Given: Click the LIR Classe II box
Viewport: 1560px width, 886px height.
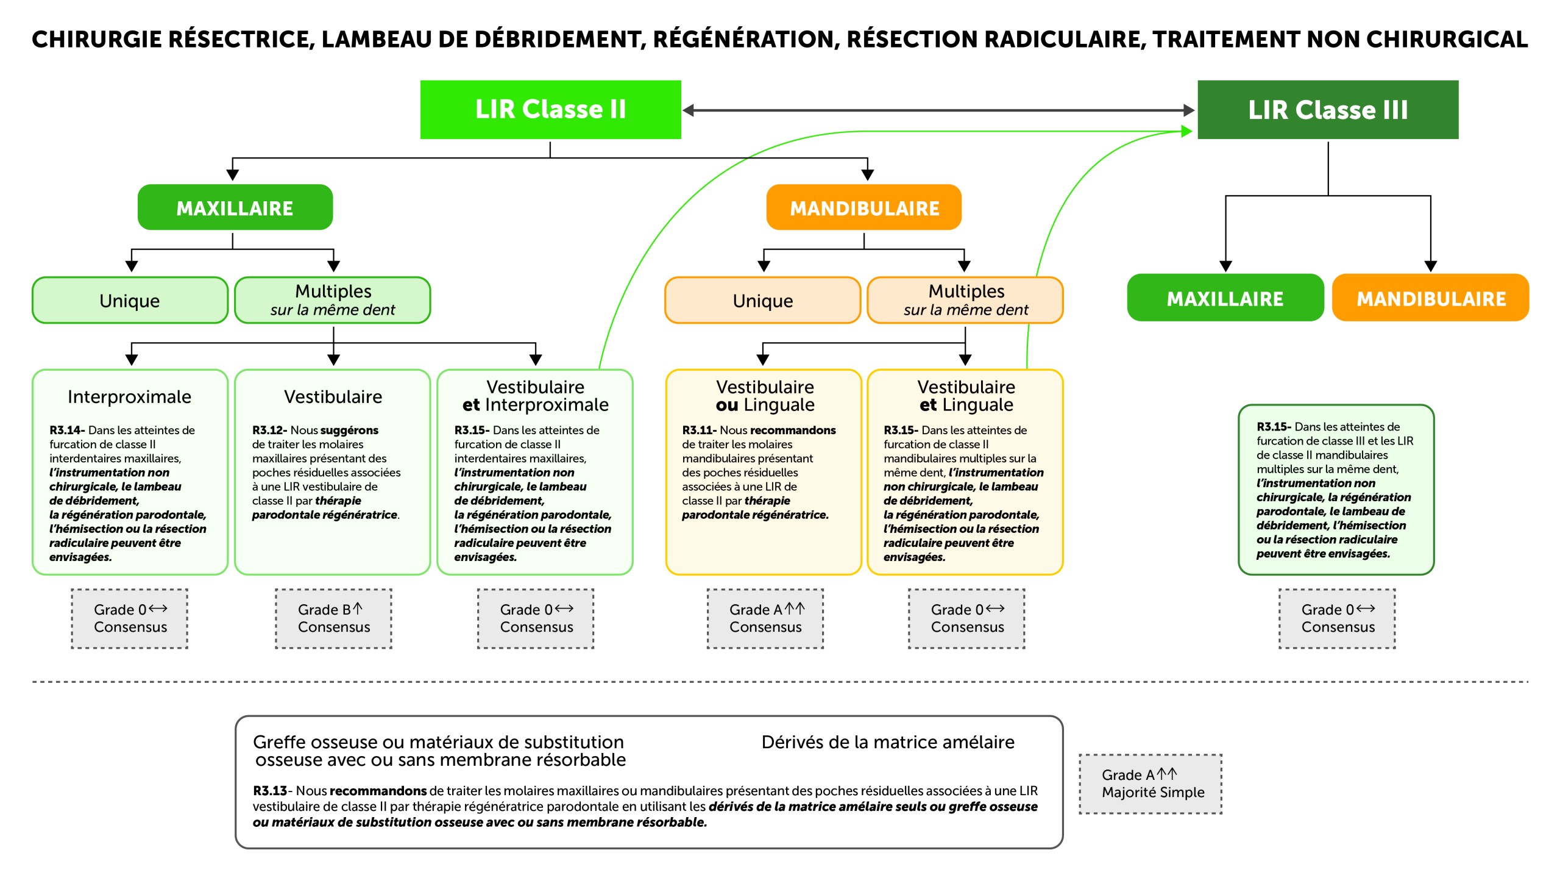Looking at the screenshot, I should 550,110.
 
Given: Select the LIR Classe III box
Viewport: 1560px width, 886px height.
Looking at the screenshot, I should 1327,110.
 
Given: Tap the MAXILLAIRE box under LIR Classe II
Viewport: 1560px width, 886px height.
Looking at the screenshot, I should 235,208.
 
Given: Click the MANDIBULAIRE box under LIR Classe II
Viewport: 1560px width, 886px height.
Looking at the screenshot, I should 863,208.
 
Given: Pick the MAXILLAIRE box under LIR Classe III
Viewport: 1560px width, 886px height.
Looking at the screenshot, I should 1225,298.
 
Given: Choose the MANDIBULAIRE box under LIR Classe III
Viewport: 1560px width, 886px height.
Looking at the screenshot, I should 1430,298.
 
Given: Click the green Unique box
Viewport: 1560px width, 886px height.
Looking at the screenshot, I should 130,301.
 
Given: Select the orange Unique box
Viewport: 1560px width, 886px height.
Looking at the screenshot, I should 762,301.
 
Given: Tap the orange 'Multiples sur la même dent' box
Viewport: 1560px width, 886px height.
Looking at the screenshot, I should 965,300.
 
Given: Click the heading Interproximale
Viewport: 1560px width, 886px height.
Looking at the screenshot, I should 129,397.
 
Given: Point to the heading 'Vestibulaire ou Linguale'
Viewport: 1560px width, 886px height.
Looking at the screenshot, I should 765,396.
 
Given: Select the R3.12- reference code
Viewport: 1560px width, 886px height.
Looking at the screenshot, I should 269,430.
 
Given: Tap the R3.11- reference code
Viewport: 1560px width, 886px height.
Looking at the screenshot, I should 699,430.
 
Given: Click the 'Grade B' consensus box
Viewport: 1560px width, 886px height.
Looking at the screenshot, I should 333,618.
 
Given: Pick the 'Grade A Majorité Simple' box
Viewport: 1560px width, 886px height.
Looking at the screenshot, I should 1150,784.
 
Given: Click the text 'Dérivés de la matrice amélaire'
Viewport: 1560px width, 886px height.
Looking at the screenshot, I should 887,742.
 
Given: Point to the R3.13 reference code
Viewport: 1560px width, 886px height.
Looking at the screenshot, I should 270,791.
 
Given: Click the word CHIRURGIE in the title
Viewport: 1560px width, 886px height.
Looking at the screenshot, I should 97,40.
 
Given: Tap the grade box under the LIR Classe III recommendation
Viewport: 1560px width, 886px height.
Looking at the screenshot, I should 1337,618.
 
